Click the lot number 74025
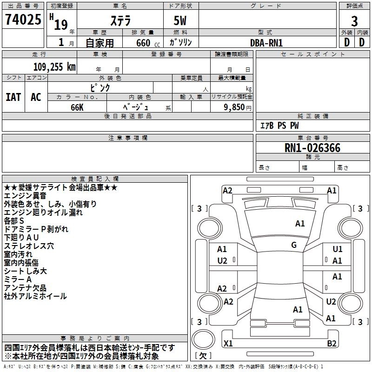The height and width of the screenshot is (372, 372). click(23, 19)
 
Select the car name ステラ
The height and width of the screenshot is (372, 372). click(120, 20)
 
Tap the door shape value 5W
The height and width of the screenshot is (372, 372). click(180, 20)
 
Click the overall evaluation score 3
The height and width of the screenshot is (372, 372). click(354, 21)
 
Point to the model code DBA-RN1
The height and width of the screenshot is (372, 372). click(266, 43)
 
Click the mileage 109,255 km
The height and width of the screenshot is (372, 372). click(54, 66)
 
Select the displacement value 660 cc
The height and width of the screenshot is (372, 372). click(148, 43)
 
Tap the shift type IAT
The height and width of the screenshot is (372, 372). click(13, 97)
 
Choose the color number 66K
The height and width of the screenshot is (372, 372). click(77, 107)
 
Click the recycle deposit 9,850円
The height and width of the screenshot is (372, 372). click(238, 107)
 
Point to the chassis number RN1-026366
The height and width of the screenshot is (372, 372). click(312, 148)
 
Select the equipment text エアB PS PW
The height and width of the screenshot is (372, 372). click(279, 126)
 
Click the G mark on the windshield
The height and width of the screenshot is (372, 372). click(294, 245)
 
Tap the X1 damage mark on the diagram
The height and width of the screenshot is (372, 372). click(228, 343)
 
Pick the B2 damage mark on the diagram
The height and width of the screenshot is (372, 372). click(332, 343)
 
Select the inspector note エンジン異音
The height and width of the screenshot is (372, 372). click(25, 196)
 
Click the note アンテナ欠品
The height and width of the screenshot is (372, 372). click(25, 288)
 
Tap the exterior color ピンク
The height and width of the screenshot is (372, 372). click(100, 88)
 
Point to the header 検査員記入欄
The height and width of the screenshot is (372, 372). click(95, 179)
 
